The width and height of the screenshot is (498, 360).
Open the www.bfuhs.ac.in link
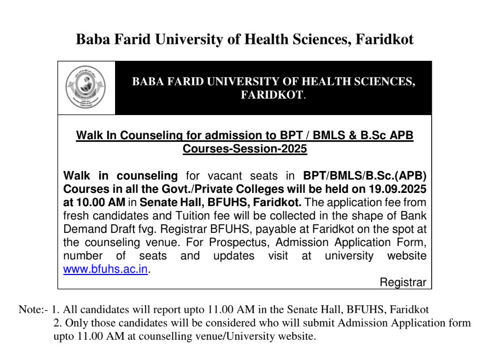click(x=106, y=270)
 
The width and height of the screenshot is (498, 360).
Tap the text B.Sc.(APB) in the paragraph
click(x=392, y=176)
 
